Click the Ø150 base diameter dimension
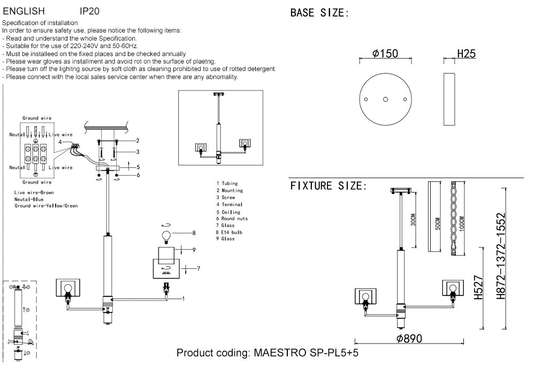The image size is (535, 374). click(385, 53)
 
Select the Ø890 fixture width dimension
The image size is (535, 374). click(409, 338)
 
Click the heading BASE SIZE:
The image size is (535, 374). click(319, 13)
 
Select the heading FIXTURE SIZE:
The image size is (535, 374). click(328, 186)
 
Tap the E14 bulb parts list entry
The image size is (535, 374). click(230, 232)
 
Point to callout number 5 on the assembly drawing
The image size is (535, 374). click(137, 167)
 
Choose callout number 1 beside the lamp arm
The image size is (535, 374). click(183, 298)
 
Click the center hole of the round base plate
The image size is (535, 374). click(385, 99)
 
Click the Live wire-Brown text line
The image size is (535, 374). click(35, 192)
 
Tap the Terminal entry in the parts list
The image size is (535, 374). click(230, 204)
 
